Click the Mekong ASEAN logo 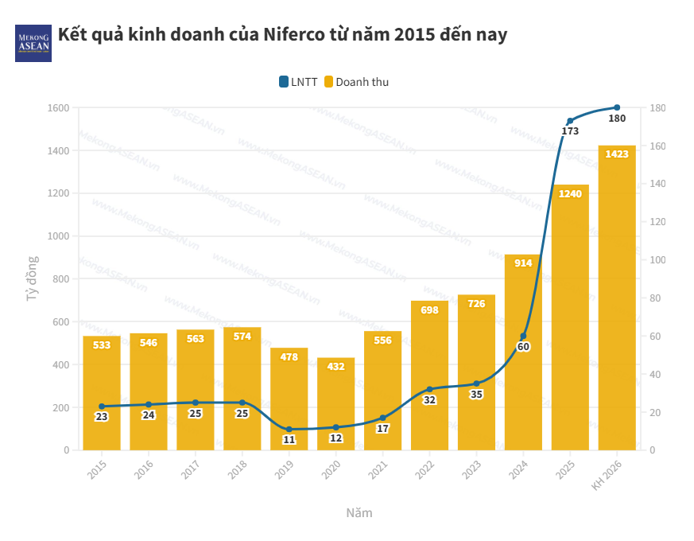[33, 42]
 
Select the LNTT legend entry [298, 82]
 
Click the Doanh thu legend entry [357, 82]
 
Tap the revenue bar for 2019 [289, 399]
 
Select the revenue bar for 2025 [570, 318]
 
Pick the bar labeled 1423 [617, 298]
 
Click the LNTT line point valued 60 [523, 337]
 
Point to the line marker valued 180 [617, 107]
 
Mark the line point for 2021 [382, 418]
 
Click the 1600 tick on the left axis [59, 107]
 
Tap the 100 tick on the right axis [657, 260]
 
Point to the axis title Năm [359, 512]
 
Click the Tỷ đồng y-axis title [32, 278]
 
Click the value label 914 [523, 263]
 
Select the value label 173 [570, 131]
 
